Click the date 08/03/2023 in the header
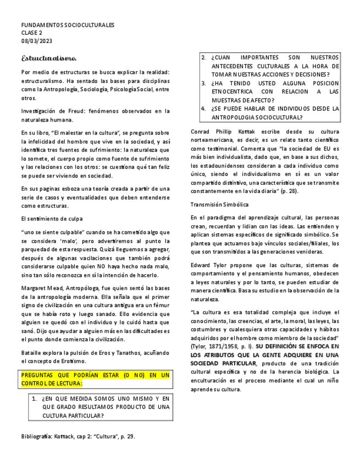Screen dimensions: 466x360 (36, 41)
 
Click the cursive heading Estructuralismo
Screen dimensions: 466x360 (49, 58)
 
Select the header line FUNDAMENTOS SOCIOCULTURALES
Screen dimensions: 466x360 (68, 25)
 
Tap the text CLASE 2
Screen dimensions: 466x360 (32, 33)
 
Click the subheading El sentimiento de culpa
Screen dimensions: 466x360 (51, 218)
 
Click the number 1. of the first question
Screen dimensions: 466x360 (34, 398)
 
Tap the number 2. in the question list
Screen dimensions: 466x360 (203, 57)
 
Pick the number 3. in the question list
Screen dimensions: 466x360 (203, 84)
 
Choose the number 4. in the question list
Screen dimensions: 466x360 (203, 109)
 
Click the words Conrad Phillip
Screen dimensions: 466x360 (211, 132)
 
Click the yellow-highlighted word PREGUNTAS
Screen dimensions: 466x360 (40, 375)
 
